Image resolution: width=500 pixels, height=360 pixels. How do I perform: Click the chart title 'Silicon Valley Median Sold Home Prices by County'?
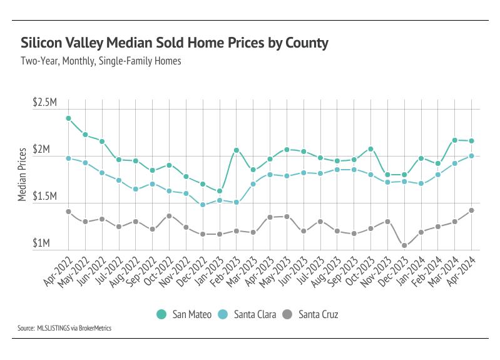[x=175, y=43]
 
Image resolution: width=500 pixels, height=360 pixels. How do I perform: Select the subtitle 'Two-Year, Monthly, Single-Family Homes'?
[x=101, y=61]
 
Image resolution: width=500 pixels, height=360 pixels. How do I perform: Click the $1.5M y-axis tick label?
[x=45, y=195]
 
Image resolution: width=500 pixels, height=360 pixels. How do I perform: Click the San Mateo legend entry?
[x=183, y=314]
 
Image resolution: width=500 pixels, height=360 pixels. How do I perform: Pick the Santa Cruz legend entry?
[x=310, y=314]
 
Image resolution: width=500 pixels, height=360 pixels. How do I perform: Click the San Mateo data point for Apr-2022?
[x=68, y=118]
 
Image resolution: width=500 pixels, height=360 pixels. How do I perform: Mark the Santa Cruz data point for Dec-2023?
[x=404, y=245]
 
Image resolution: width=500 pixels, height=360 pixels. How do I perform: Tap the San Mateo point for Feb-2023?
[x=237, y=150]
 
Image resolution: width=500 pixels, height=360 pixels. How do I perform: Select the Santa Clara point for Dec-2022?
[x=203, y=205]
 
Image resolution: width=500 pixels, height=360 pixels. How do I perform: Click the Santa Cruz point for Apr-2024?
[x=471, y=210]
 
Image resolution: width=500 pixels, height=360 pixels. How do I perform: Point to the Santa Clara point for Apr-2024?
[x=471, y=156]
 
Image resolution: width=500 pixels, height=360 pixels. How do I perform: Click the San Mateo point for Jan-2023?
[x=220, y=192]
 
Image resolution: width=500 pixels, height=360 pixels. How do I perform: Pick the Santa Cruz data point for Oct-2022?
[x=169, y=216]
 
